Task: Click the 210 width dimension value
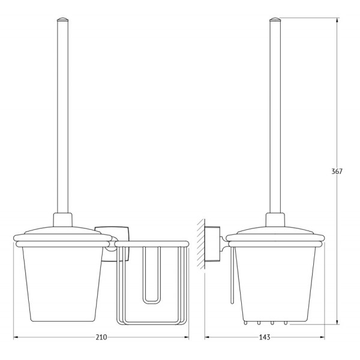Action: [101, 337]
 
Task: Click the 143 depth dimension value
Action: [265, 337]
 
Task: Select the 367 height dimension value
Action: [337, 171]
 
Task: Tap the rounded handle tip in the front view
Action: [62, 19]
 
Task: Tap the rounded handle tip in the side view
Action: [275, 19]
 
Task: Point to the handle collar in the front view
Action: [62, 220]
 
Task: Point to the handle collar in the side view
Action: [275, 220]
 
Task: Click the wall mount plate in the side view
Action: [212, 244]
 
